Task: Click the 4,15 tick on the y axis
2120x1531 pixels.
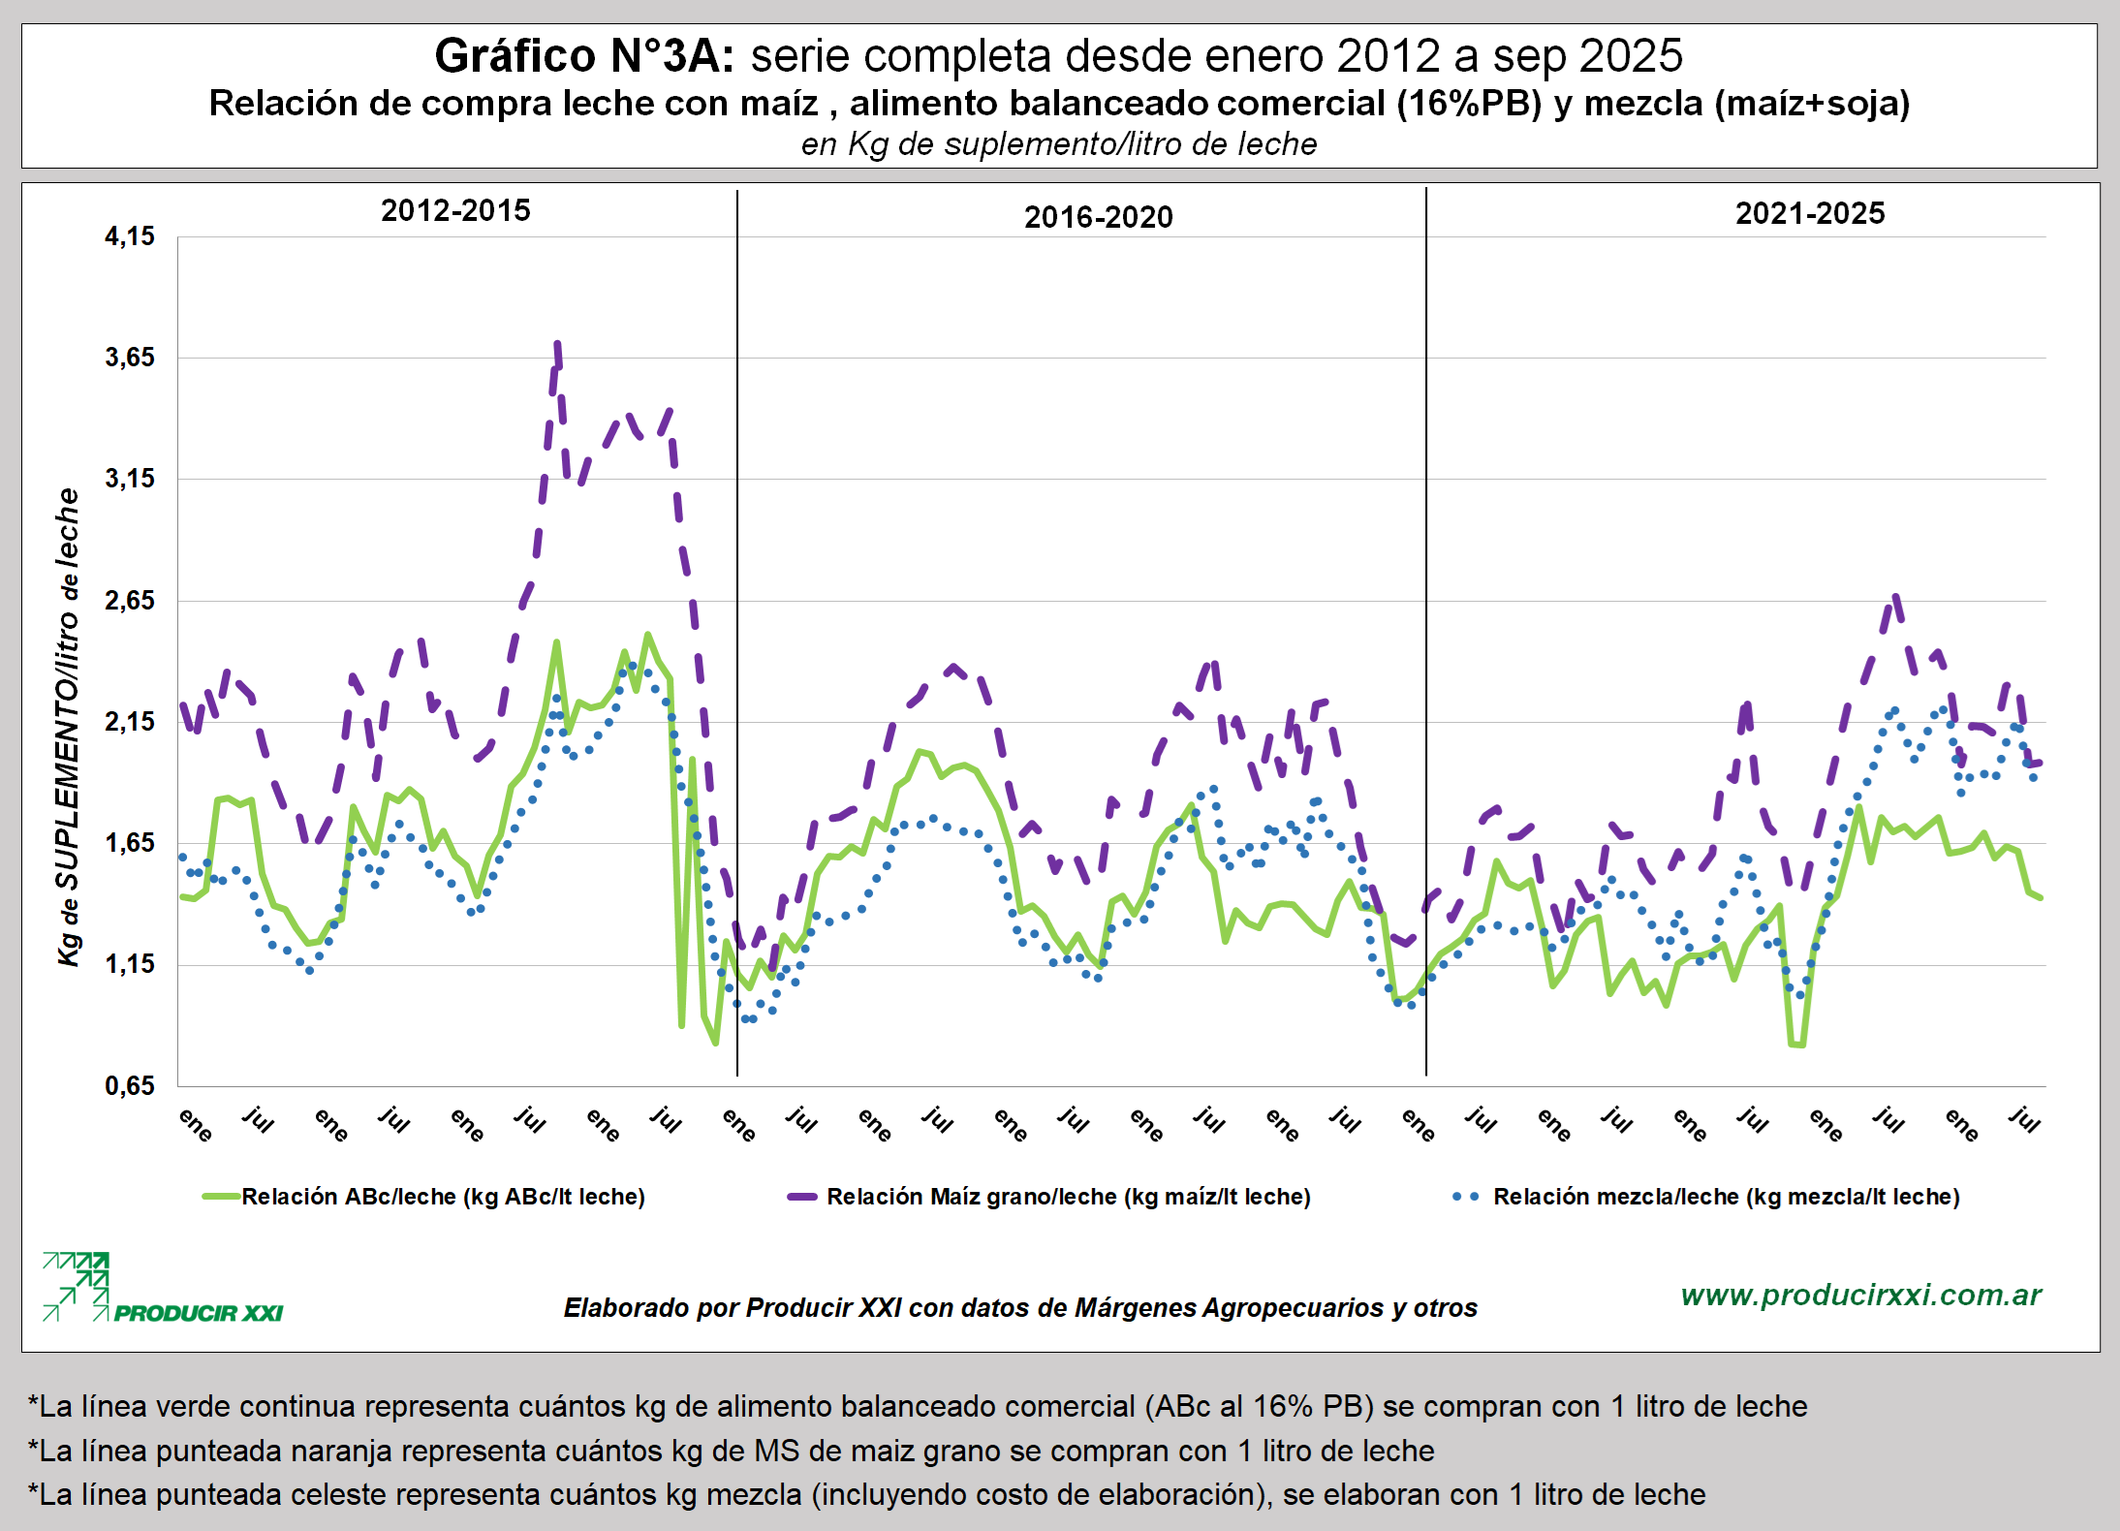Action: (130, 236)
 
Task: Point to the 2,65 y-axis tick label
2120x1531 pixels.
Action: (130, 601)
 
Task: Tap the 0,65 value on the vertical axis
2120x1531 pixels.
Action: (130, 1085)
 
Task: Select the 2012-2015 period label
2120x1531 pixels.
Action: (455, 211)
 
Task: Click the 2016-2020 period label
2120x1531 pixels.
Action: (1098, 217)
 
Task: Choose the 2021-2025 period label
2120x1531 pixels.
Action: (1809, 213)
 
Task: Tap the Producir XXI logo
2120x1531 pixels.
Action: (162, 1289)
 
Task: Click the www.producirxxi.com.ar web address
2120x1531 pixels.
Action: (1860, 1295)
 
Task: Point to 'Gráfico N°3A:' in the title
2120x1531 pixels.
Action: (584, 56)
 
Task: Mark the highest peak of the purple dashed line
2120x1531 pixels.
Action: (557, 343)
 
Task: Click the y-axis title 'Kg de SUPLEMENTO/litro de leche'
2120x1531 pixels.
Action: (68, 727)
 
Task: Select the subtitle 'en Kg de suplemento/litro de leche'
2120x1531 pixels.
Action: (1059, 144)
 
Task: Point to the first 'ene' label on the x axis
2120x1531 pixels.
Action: (196, 1124)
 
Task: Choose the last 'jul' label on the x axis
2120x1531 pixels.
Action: (2025, 1119)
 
